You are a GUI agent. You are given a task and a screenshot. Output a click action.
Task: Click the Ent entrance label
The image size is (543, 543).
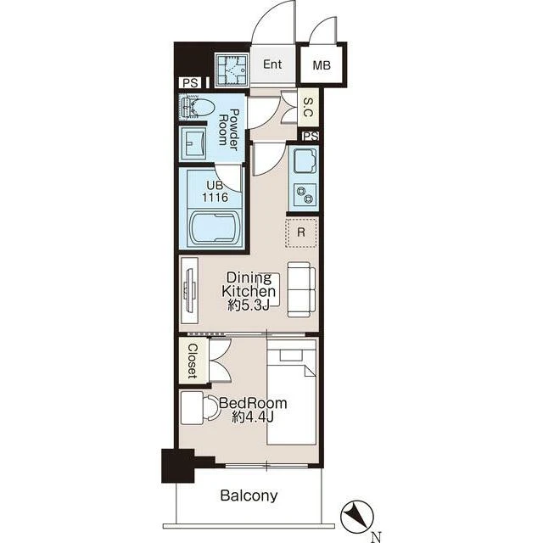coord(272,64)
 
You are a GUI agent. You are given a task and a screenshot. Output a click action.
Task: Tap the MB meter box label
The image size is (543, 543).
coord(322,65)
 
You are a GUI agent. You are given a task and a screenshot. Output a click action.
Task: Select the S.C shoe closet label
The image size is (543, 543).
coord(308,107)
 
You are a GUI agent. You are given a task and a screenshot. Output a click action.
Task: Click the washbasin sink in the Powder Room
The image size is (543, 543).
coord(193,143)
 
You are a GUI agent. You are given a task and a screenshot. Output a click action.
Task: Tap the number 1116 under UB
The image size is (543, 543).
coord(215,198)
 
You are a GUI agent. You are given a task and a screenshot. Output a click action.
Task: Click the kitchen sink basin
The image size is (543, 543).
coord(305,161)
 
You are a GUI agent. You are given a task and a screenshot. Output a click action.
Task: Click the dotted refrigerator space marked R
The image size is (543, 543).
coord(301,232)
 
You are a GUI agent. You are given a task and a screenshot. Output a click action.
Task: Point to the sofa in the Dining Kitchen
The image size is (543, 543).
coord(301,289)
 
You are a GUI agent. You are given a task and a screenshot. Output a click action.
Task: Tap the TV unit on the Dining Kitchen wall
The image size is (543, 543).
coord(189,290)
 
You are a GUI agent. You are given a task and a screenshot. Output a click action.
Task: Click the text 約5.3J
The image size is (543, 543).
coord(249,306)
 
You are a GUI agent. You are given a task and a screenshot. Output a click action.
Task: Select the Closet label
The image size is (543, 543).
coord(193,361)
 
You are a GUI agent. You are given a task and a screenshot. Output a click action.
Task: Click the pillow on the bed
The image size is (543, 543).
coord(292,355)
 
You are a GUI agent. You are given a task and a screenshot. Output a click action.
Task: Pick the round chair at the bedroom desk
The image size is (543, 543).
coord(211,408)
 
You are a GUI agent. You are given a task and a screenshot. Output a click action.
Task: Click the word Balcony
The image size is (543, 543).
coord(249,495)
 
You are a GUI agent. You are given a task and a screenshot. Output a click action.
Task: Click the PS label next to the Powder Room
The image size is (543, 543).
coord(190,83)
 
